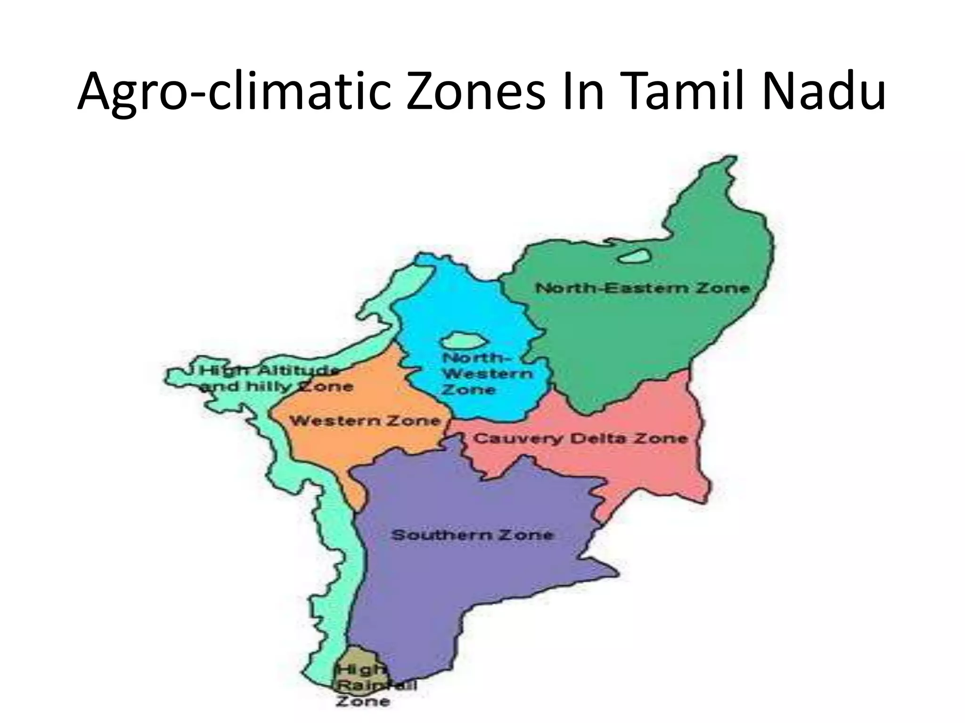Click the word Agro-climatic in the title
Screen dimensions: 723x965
[234, 92]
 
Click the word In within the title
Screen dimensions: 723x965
[581, 92]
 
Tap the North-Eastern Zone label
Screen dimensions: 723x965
[642, 288]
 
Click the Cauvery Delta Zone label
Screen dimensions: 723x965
[581, 439]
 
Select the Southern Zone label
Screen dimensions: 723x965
[473, 535]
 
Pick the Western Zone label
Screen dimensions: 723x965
[365, 420]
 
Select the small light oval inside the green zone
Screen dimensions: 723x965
[634, 257]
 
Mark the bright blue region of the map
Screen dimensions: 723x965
[452, 306]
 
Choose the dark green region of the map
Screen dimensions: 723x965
[660, 339]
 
